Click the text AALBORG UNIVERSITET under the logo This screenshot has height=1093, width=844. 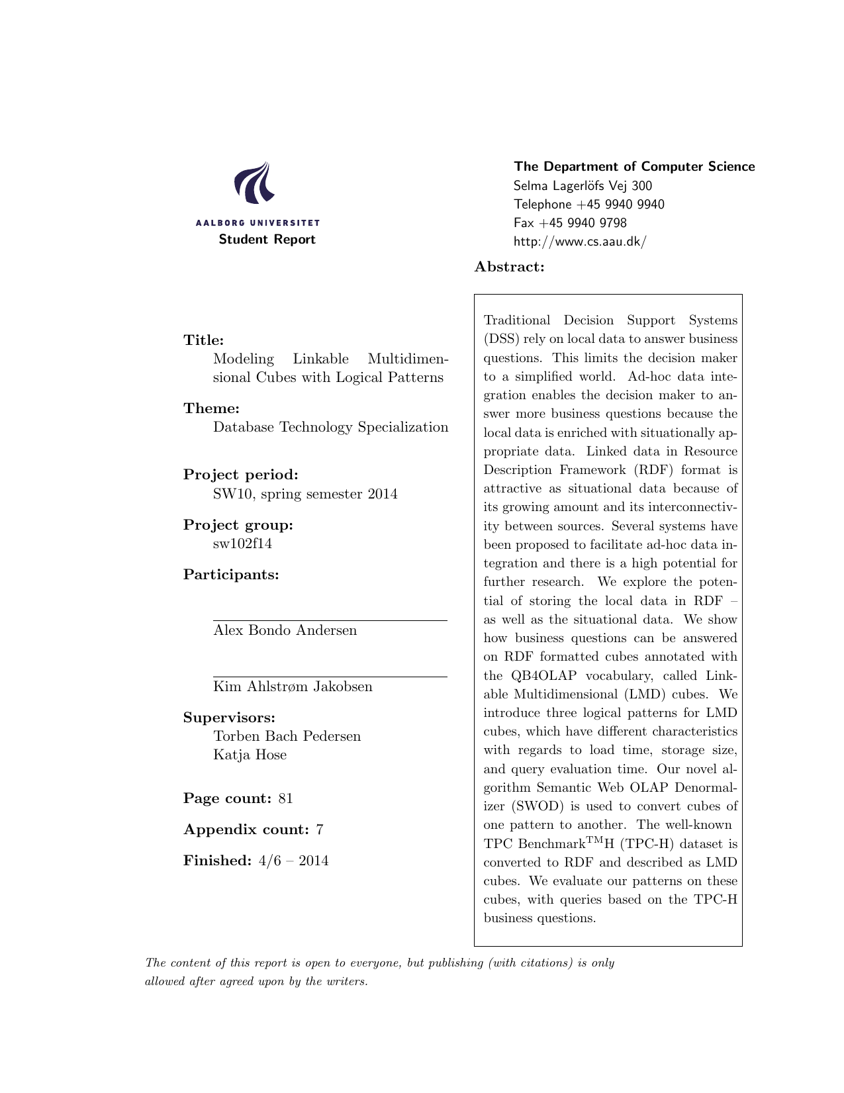(258, 223)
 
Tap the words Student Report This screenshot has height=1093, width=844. (267, 240)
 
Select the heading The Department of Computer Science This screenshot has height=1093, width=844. (634, 167)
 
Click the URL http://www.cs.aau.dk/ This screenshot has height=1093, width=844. (579, 242)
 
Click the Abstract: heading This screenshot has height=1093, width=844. (509, 267)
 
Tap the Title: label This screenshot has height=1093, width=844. (204, 340)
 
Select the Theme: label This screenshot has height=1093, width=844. (211, 408)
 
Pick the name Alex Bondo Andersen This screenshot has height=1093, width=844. (285, 630)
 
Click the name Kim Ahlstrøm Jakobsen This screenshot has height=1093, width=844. (293, 687)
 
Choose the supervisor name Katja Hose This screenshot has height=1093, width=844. (250, 755)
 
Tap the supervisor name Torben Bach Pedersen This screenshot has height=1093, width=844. (287, 736)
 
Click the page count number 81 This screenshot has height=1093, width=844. (285, 798)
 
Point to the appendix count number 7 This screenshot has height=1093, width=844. (320, 830)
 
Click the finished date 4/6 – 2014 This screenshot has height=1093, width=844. (292, 861)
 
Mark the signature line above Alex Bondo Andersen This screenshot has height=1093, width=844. (330, 621)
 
